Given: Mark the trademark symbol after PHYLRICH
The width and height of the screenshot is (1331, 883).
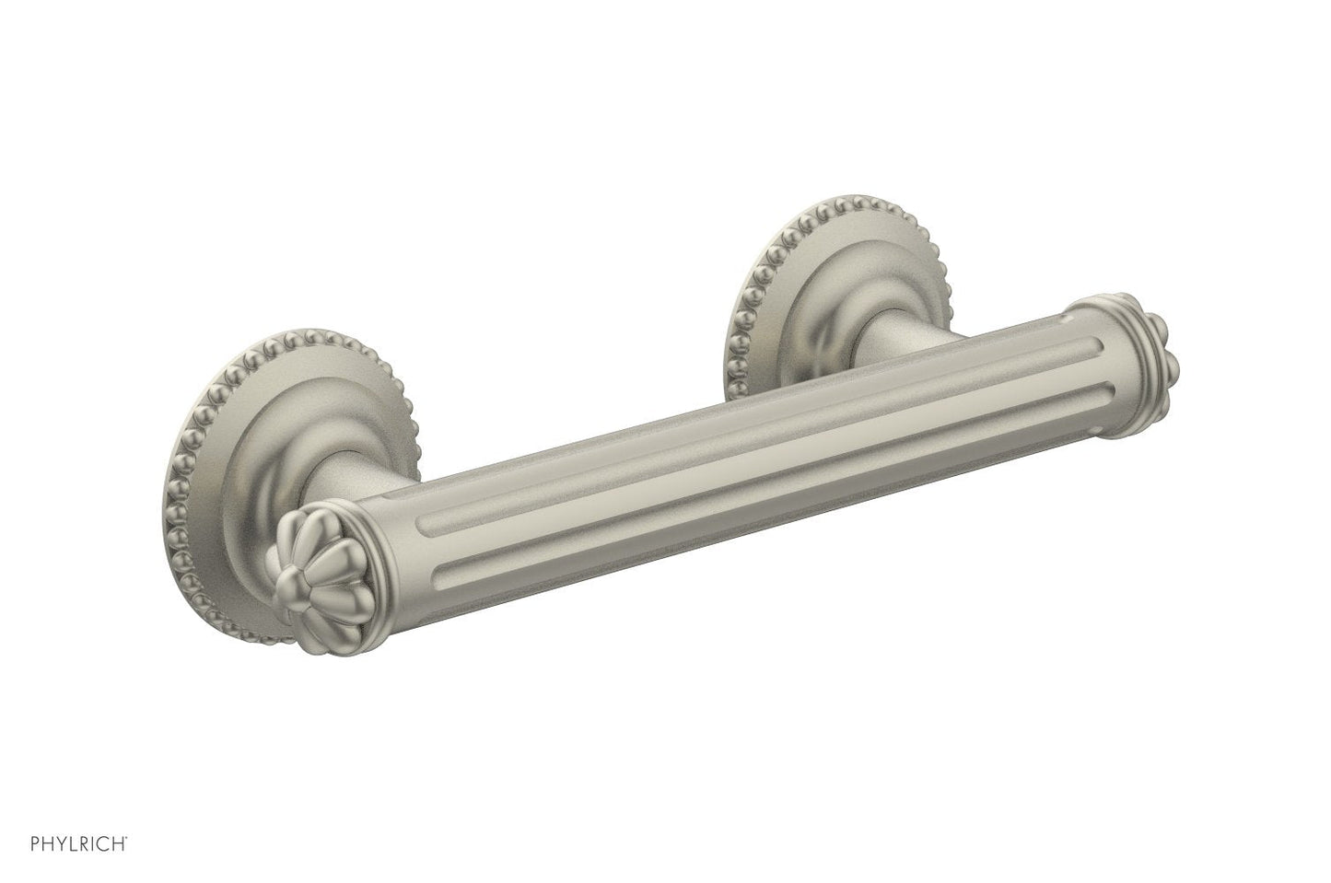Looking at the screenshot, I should point(126,838).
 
